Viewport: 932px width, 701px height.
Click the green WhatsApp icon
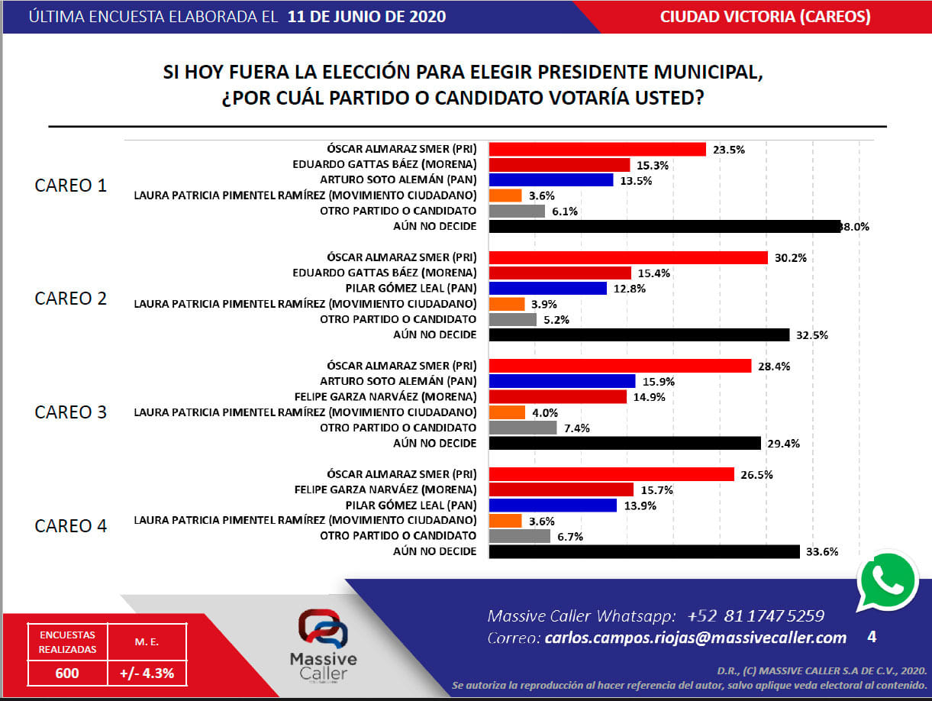click(888, 580)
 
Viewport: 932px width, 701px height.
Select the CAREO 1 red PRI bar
click(597, 149)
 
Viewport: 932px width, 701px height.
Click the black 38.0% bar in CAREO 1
click(664, 226)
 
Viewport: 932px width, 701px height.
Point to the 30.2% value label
click(791, 258)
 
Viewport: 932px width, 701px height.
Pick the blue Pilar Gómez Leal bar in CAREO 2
click(547, 289)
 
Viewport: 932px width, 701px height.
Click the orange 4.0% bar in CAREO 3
click(507, 412)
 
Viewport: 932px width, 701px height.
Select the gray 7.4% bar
click(522, 428)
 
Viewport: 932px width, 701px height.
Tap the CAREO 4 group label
click(71, 526)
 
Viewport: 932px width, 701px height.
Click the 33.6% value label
click(823, 551)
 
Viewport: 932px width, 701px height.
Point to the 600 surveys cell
click(67, 674)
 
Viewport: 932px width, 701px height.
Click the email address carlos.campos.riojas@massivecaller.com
click(695, 638)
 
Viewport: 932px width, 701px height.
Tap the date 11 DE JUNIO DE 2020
click(367, 16)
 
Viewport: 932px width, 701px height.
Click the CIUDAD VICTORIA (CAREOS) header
click(765, 16)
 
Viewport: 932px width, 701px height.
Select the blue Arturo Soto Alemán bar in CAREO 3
click(562, 381)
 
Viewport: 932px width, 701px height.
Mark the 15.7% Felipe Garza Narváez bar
click(561, 489)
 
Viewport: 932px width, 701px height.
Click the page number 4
click(872, 636)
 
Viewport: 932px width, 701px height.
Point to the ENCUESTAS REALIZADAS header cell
click(67, 641)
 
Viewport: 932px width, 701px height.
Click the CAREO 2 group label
click(71, 299)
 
